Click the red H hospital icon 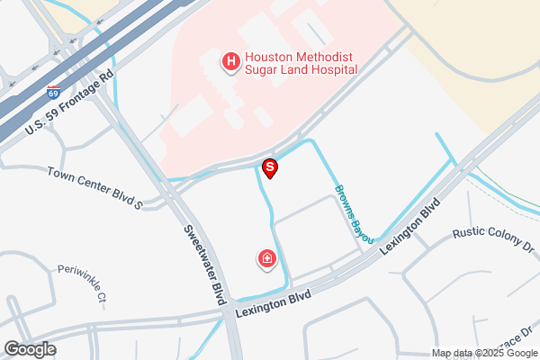point(231,61)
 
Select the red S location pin point(269,168)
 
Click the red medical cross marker point(266,260)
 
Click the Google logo point(30,349)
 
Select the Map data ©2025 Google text point(485,352)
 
